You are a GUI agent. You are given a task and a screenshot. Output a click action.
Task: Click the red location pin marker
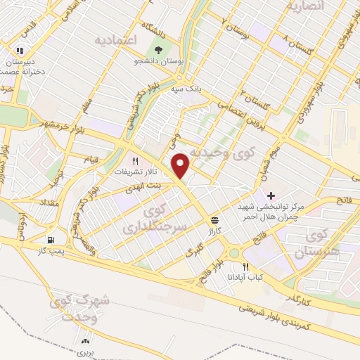coord(182,167)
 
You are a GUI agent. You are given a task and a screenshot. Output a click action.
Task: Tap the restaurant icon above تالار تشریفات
coord(127,160)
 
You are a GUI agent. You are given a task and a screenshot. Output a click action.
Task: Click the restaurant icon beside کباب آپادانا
coord(245,266)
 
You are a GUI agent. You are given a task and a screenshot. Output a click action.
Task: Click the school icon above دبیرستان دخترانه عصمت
coord(20,51)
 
